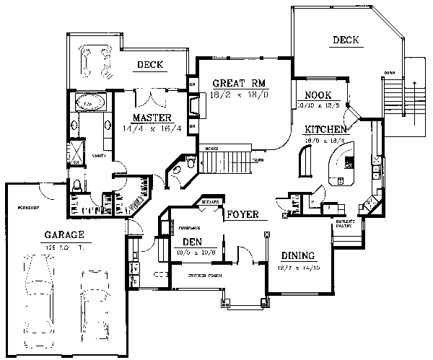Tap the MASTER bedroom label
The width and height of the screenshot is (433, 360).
[x=151, y=118]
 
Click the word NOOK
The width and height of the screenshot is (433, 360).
[x=318, y=95]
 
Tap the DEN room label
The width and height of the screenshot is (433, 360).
[x=191, y=242]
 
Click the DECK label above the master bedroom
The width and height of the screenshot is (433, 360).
[x=150, y=65]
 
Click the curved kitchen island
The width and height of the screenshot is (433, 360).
[x=341, y=164]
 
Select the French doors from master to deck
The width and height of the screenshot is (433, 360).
[x=152, y=95]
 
